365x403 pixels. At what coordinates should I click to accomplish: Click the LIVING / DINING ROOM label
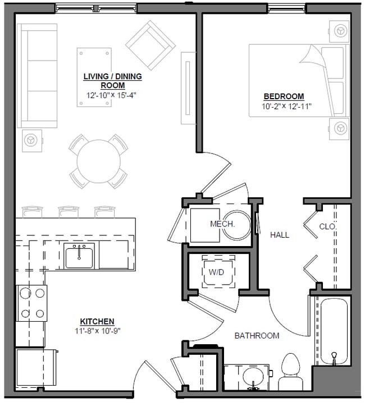(112, 81)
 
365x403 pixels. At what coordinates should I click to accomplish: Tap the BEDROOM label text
(284, 96)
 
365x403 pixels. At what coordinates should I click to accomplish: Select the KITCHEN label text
(97, 322)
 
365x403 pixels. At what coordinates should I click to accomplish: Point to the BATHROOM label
(257, 336)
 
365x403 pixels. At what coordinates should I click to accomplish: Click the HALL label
(280, 235)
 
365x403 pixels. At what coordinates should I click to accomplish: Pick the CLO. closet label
(327, 227)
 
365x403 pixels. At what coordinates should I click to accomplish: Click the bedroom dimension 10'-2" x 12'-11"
(286, 105)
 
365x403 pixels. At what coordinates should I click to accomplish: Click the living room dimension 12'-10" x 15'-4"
(112, 95)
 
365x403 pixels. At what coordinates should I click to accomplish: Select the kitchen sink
(79, 256)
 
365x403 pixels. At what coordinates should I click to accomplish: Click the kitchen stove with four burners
(31, 303)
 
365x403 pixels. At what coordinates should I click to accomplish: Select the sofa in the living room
(37, 76)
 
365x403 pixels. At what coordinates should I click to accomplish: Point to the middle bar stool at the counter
(68, 211)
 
